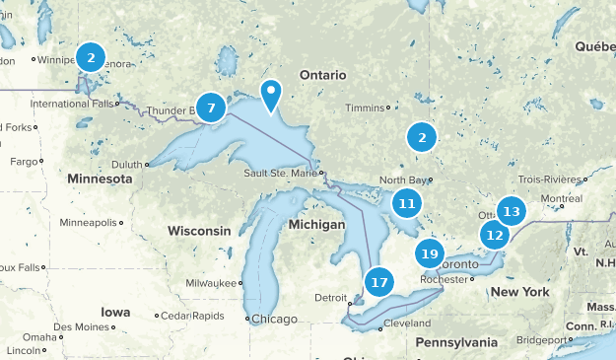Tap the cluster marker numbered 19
pos(428,253)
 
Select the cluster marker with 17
pos(379,282)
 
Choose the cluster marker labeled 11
pos(406,204)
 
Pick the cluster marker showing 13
pos(511,211)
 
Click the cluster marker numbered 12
pos(495,235)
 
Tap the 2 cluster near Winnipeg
pos(91,57)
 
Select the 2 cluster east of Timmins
pos(422,138)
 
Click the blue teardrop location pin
pos(270,95)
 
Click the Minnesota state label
pos(100,179)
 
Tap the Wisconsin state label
pos(199,230)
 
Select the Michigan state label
pos(316,225)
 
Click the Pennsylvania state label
pos(456,342)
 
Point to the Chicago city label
pos(274,319)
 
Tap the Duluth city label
pos(127,165)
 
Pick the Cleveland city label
pos(407,324)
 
